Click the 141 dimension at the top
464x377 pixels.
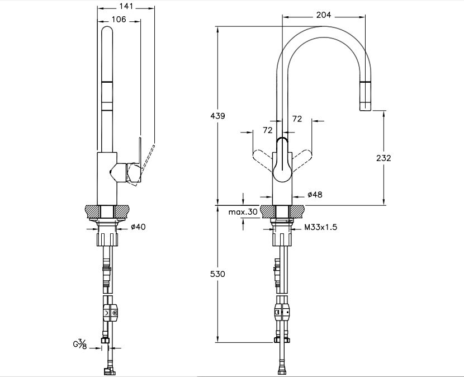click(x=126, y=6)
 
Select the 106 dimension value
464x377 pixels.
click(x=119, y=19)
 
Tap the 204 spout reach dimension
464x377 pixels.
click(x=324, y=16)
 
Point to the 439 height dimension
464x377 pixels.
click(x=218, y=116)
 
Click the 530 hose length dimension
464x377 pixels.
click(x=218, y=274)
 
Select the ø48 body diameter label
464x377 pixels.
click(x=315, y=195)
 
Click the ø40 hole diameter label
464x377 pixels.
click(x=138, y=227)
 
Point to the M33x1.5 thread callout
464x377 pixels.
click(x=321, y=227)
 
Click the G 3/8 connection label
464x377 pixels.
click(x=79, y=343)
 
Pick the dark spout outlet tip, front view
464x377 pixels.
click(x=365, y=95)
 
